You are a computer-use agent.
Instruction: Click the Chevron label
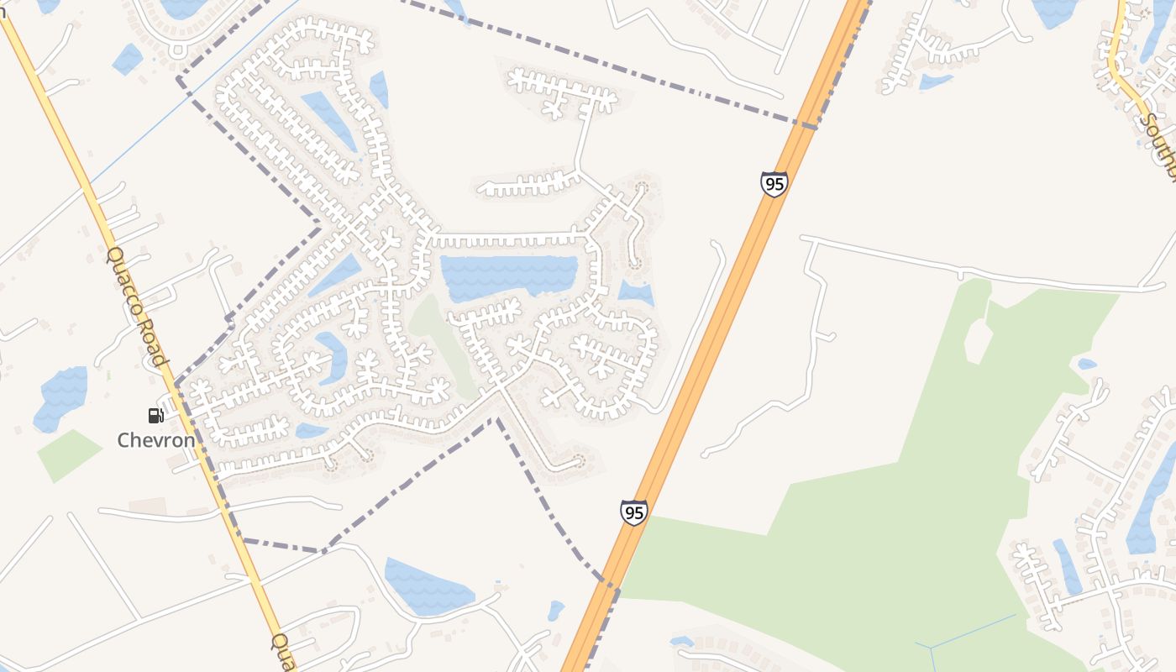point(156,440)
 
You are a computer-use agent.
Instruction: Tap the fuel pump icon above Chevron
point(155,415)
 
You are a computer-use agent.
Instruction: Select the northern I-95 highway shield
point(774,184)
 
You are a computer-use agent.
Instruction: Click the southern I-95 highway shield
point(634,512)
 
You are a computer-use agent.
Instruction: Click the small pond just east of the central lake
point(636,293)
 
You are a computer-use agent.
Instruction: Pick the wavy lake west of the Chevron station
point(61,396)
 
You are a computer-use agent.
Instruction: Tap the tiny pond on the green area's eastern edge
point(1087,365)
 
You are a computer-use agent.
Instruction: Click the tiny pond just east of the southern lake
point(556,609)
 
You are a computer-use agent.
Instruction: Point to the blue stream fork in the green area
point(931,648)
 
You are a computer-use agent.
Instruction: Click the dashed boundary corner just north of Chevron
point(176,385)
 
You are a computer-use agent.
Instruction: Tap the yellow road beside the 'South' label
point(1122,67)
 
